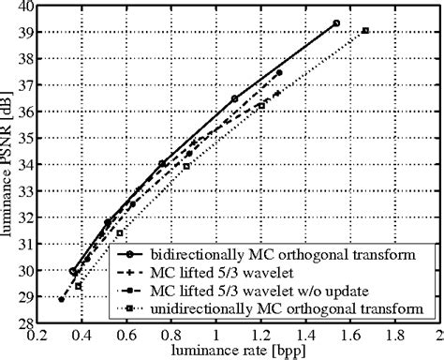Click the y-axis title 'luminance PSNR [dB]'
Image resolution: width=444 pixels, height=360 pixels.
(x=8, y=164)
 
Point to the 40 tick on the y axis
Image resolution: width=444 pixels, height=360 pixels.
(x=24, y=7)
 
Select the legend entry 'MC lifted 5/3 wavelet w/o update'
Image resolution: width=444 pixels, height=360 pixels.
(x=267, y=290)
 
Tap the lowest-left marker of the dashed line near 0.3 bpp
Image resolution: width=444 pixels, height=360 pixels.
(x=62, y=300)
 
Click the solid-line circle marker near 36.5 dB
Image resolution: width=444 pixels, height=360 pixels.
(x=234, y=98)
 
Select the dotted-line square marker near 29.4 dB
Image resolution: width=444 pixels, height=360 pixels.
(x=79, y=286)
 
